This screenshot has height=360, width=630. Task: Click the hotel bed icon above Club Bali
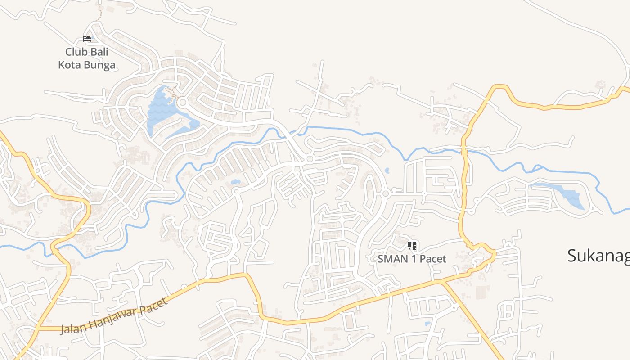tap(87, 39)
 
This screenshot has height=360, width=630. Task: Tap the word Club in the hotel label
tap(76, 52)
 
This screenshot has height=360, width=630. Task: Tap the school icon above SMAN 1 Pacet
tap(412, 246)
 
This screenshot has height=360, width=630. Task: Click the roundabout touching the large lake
tap(182, 103)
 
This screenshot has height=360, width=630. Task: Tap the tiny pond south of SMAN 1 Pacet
tap(427, 323)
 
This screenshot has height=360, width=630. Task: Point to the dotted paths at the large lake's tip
tap(171, 92)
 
